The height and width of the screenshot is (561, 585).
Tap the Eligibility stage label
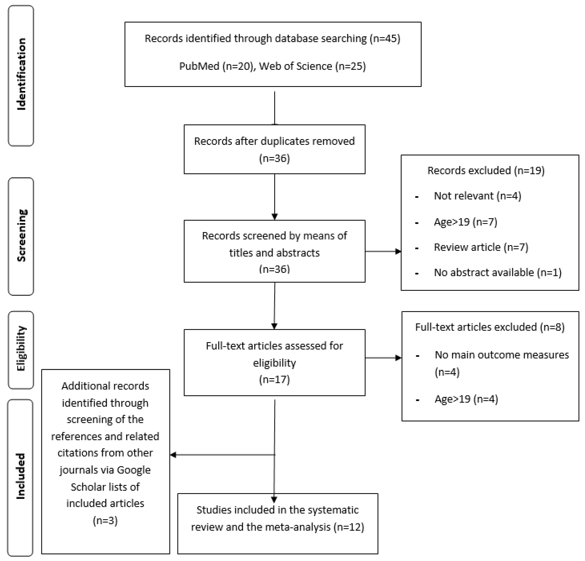pyautogui.click(x=21, y=348)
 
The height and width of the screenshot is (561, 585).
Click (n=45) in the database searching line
pyautogui.click(x=385, y=39)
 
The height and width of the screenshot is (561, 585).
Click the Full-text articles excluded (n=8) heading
pyautogui.click(x=489, y=327)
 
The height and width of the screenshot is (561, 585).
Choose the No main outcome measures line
pyautogui.click(x=501, y=355)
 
